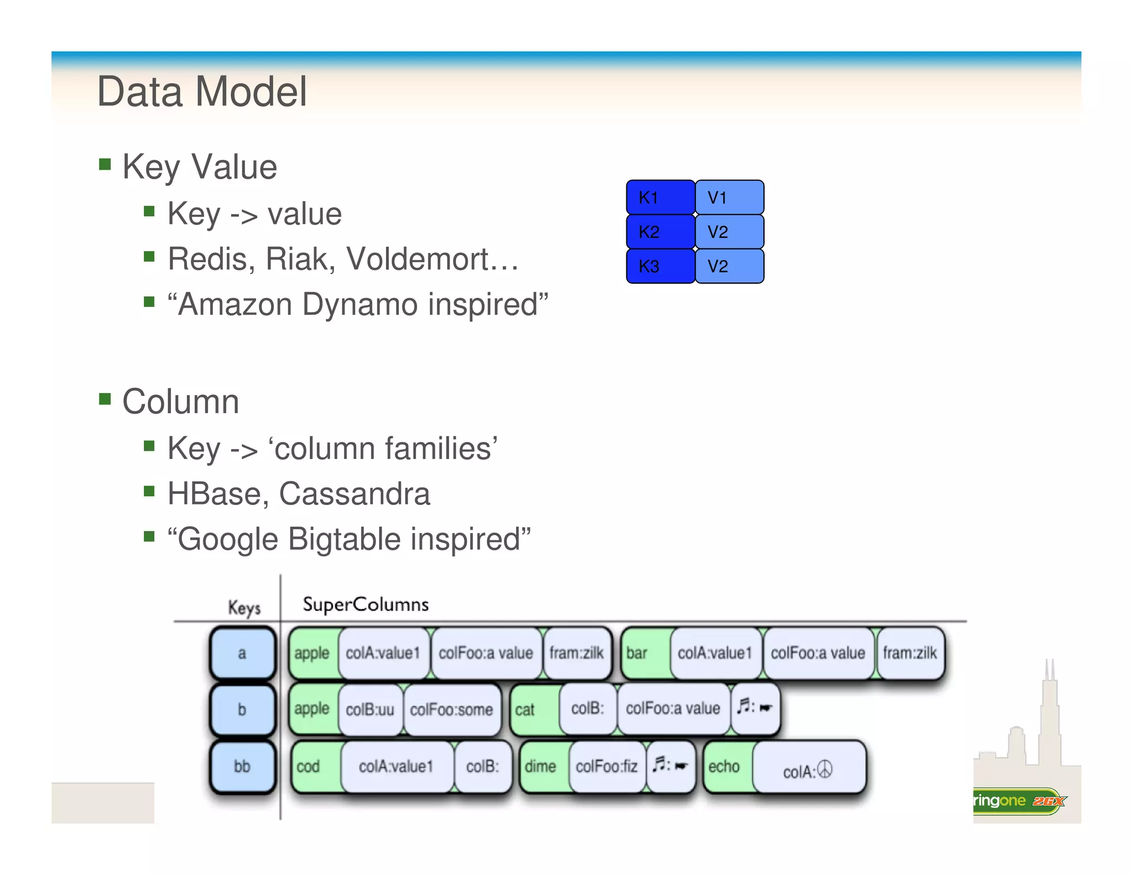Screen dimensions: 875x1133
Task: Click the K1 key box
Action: [660, 197]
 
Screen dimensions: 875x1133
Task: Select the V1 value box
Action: [729, 197]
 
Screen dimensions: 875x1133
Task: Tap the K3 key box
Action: [660, 266]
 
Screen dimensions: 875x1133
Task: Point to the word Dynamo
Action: [360, 304]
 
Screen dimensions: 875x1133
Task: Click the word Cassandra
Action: [354, 493]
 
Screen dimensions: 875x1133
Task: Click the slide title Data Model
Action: [201, 92]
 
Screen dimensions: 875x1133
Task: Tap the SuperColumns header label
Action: [365, 604]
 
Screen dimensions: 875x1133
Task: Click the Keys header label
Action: [244, 607]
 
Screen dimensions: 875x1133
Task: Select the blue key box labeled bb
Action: [242, 766]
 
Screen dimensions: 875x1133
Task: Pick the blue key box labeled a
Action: [242, 653]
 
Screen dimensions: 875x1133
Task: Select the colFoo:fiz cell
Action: [606, 767]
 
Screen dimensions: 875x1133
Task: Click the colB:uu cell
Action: [370, 710]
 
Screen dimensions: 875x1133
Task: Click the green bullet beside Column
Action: [105, 399]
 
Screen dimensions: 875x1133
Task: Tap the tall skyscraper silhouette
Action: [1049, 719]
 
